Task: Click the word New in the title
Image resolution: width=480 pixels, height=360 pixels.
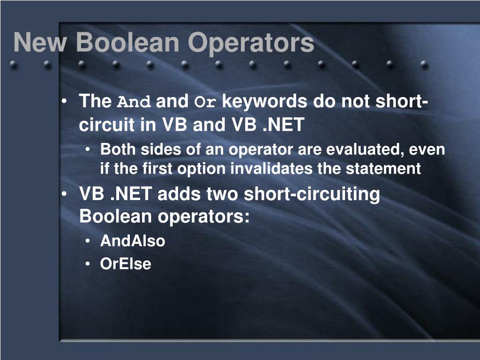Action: (40, 43)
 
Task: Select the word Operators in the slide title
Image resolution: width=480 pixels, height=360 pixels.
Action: (251, 43)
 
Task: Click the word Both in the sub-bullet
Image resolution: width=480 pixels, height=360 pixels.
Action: (118, 150)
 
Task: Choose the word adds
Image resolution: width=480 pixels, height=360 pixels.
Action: (177, 194)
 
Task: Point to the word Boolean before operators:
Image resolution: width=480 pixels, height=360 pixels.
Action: (116, 217)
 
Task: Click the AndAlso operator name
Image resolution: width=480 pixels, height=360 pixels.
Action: (133, 241)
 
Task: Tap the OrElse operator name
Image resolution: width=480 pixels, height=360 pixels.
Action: (126, 264)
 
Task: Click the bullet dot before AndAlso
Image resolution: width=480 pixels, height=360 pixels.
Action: (89, 241)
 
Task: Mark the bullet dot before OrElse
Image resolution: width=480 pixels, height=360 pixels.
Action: (89, 264)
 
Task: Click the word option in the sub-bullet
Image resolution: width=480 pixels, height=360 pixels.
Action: (203, 168)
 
